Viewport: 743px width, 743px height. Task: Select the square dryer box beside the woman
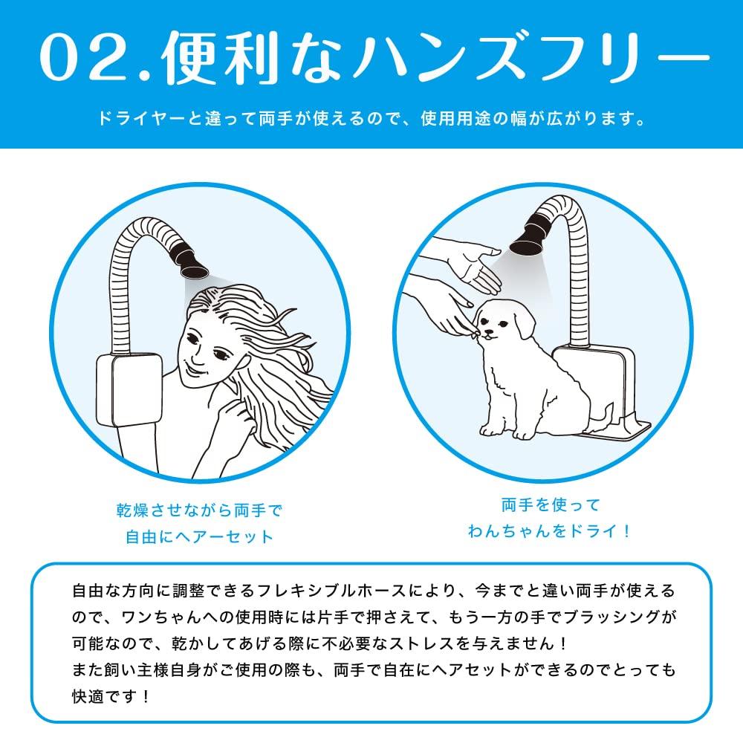click(x=129, y=389)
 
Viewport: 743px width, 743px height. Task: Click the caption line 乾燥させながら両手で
click(x=199, y=511)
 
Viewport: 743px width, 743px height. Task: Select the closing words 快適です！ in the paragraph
click(x=111, y=698)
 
